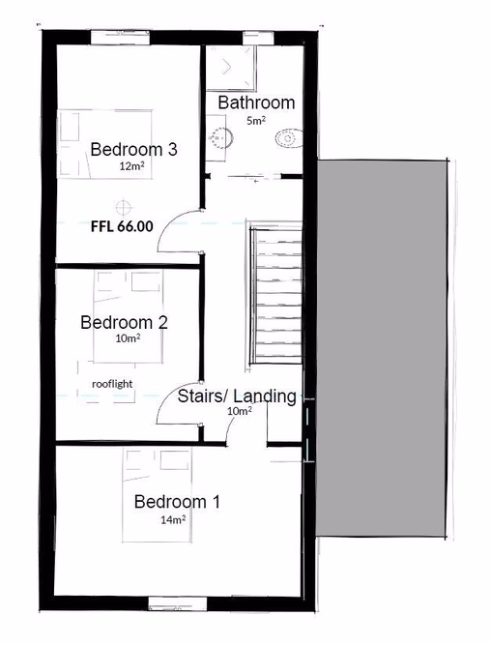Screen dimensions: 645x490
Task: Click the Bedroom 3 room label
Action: click(x=133, y=149)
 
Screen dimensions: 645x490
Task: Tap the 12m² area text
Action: click(x=130, y=166)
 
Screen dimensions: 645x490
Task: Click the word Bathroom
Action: click(x=256, y=103)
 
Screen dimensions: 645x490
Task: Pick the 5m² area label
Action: click(x=255, y=121)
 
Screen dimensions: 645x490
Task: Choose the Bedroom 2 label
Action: click(x=124, y=322)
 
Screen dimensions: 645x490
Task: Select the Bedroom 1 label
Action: click(x=177, y=502)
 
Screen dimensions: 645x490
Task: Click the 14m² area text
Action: click(x=174, y=519)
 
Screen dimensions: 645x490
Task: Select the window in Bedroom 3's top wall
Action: click(x=120, y=37)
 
